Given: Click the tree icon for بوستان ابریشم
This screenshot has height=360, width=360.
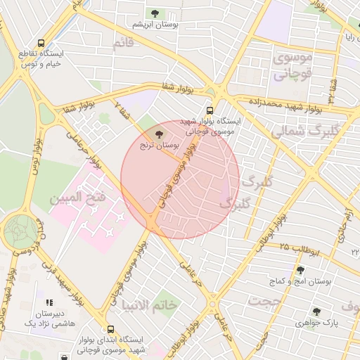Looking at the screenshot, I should (x=154, y=13).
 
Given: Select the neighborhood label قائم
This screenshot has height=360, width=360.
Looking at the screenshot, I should (x=123, y=44).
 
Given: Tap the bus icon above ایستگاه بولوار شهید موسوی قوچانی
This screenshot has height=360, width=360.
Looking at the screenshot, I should (x=210, y=110).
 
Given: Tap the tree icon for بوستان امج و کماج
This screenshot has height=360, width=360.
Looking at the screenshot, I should (x=300, y=270).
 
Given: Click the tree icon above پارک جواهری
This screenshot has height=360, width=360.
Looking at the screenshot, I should (x=316, y=311).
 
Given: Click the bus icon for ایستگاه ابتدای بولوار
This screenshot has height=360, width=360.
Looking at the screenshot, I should (x=110, y=328).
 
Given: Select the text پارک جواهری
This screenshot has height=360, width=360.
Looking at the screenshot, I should (x=313, y=323).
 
